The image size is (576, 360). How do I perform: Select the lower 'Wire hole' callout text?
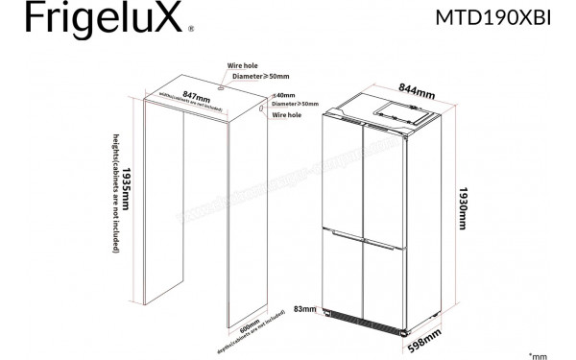(287, 114)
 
